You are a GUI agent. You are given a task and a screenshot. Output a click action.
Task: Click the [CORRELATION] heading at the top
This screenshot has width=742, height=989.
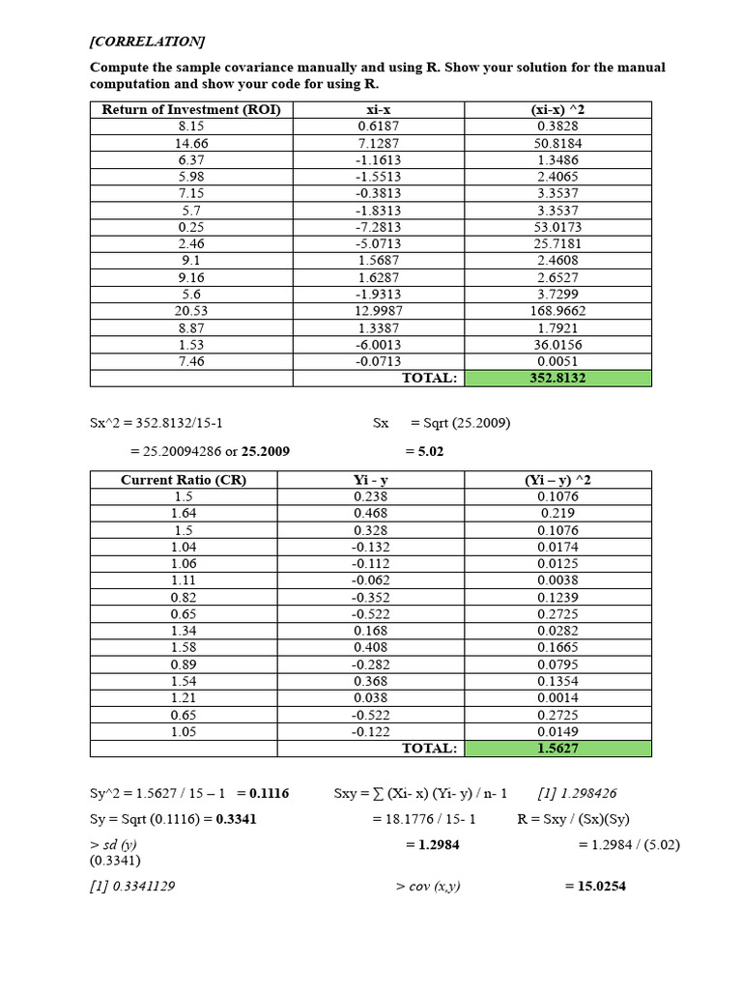147,42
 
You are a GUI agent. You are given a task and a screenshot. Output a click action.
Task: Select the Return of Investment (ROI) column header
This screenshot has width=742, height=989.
191,110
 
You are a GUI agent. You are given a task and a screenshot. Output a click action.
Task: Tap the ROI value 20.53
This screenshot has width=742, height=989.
191,311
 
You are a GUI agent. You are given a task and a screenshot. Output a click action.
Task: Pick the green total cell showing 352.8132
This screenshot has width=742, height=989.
557,378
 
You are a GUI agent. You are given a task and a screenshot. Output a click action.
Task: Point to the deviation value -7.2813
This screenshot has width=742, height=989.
371,227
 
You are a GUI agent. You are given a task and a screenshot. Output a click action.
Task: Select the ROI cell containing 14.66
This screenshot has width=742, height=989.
191,143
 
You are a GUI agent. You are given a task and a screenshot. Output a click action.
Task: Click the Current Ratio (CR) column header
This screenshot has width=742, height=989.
184,480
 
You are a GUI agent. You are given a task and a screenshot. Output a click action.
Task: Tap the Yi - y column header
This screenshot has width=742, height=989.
371,480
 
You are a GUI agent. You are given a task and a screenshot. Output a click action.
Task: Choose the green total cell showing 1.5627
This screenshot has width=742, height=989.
557,749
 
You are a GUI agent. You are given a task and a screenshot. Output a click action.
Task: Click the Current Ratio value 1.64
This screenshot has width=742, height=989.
184,513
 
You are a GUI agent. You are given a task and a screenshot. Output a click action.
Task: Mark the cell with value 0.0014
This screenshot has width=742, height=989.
557,697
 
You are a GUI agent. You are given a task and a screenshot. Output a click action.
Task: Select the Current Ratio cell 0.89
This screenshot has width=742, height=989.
184,664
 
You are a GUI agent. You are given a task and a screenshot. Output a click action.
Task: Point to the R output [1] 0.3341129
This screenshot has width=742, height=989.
132,886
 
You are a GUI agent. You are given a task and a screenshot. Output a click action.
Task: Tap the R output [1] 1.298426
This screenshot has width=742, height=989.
577,793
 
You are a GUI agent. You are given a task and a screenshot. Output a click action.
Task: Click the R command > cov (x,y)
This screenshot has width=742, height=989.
428,886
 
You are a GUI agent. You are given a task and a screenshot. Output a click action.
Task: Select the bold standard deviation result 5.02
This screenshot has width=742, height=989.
424,451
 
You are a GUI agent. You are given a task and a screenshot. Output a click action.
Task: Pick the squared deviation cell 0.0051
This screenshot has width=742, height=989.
557,361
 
